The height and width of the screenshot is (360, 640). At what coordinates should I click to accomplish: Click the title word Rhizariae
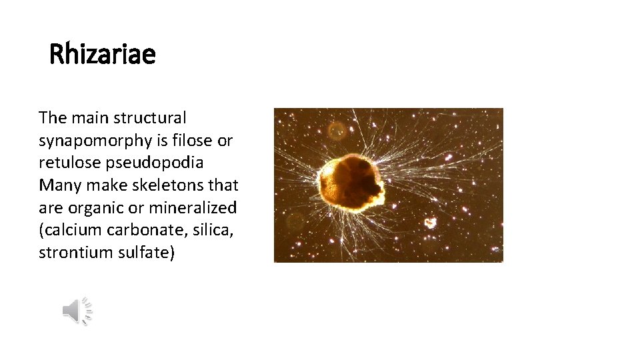[x=103, y=54]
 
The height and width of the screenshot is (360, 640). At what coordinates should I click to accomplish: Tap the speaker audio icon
[x=77, y=311]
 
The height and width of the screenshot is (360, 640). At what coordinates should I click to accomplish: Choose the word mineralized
[x=193, y=208]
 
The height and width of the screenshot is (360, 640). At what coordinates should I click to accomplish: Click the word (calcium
[x=69, y=231]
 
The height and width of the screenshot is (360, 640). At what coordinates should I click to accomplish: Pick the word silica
[x=212, y=231]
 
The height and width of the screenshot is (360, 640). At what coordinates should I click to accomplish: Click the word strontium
[x=74, y=253]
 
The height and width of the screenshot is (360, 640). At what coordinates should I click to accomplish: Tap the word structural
[x=151, y=118]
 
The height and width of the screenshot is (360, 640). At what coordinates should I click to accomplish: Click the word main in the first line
[x=88, y=118]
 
